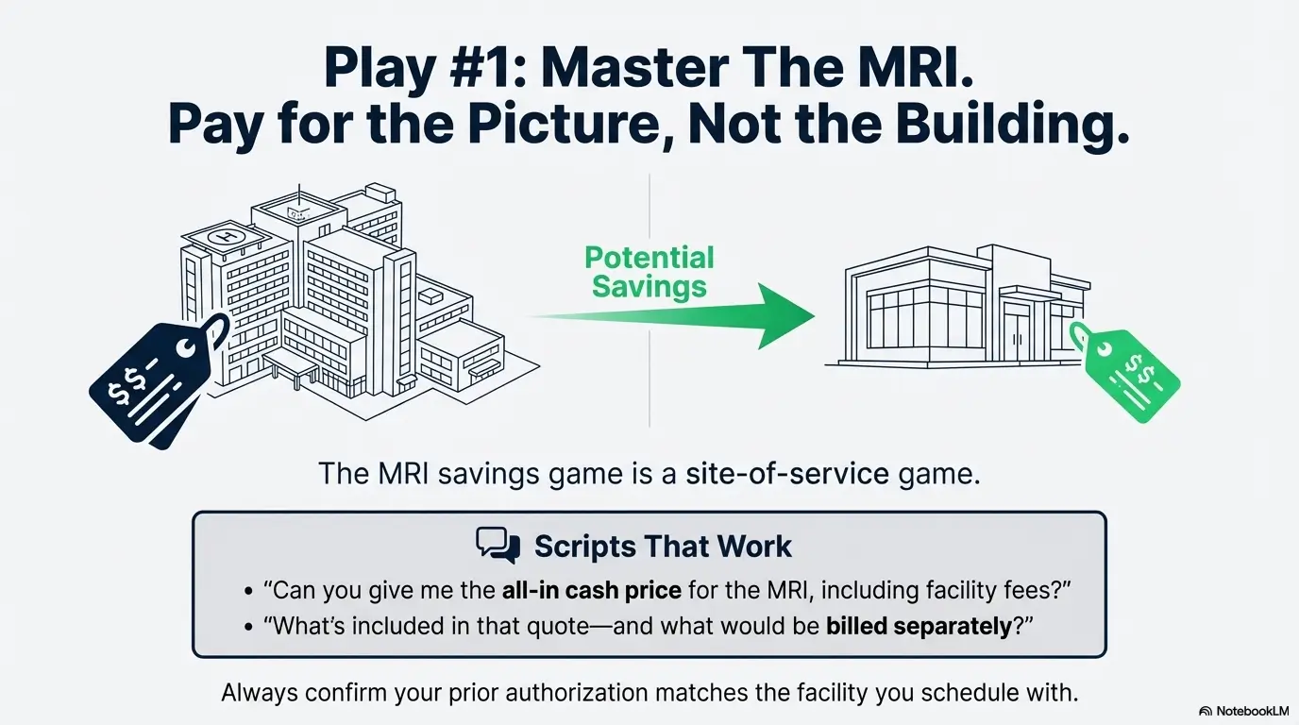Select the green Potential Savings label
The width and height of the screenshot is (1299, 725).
pyautogui.click(x=649, y=271)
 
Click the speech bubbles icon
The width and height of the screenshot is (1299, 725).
pyautogui.click(x=498, y=546)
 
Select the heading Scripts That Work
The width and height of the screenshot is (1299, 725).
pyautogui.click(x=663, y=546)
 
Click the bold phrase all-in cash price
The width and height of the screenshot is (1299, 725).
pyautogui.click(x=589, y=592)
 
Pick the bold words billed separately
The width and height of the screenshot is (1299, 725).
pyautogui.click(x=919, y=627)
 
